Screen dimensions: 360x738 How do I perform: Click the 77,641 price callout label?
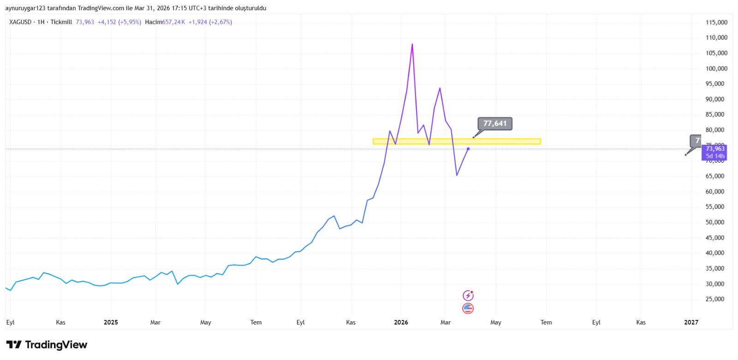pos(494,124)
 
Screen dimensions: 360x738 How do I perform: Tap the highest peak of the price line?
pos(412,44)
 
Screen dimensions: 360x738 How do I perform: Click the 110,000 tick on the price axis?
pos(716,38)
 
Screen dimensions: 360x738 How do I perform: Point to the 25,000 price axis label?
pos(716,299)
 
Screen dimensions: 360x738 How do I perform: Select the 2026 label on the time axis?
pos(401,322)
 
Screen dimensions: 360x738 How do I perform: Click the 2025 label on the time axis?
pos(111,322)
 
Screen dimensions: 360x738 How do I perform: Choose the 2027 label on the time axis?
pos(691,322)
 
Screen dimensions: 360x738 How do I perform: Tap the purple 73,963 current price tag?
pos(714,148)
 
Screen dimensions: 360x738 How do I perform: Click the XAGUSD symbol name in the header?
pos(20,22)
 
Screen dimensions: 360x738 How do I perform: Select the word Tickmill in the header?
pos(61,22)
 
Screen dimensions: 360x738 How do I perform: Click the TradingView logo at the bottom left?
pos(47,345)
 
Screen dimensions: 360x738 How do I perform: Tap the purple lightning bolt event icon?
pos(468,295)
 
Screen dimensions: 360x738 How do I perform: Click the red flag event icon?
pos(468,308)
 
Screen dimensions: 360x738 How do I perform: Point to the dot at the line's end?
pos(468,148)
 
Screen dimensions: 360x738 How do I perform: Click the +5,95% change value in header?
pos(130,22)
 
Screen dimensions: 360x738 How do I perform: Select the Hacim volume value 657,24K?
pos(173,22)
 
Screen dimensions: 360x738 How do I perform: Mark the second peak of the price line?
pos(440,88)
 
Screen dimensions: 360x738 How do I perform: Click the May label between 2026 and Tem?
pos(495,322)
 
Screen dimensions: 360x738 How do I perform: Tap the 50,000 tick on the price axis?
pos(716,222)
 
